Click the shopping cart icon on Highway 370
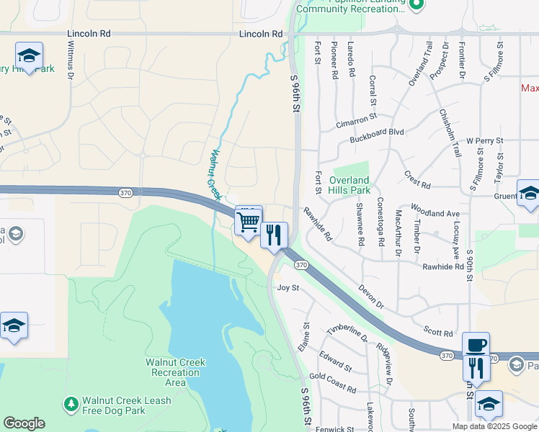[248, 221]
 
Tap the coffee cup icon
[476, 346]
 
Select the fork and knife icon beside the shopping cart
[274, 235]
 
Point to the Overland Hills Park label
[349, 185]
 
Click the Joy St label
[288, 287]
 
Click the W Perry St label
[484, 140]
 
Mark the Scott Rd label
[438, 332]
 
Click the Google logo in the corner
[24, 423]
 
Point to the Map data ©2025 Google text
[494, 426]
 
